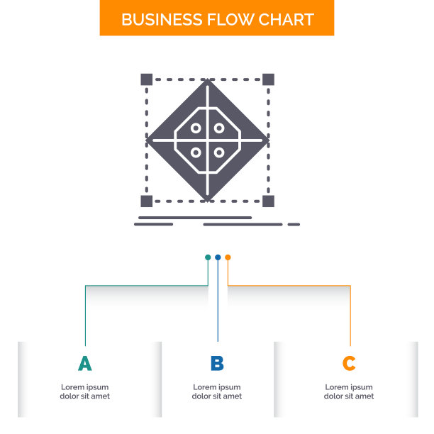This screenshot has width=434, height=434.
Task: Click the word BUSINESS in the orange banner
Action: tap(162, 20)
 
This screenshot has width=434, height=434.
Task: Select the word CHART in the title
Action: tap(286, 20)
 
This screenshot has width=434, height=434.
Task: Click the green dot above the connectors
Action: tap(208, 257)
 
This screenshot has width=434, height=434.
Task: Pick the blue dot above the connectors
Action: tap(218, 257)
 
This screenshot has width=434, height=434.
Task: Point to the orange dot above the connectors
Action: tap(228, 257)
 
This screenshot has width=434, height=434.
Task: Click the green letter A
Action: tap(84, 363)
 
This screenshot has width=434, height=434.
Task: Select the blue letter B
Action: tap(217, 363)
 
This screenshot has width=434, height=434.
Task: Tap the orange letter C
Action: tap(349, 363)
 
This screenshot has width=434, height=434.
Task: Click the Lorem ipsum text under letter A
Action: tap(84, 391)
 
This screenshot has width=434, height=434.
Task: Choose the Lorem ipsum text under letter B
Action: tap(217, 391)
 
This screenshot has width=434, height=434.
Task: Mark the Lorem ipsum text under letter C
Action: tap(349, 391)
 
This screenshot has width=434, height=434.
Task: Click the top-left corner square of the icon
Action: tap(147, 79)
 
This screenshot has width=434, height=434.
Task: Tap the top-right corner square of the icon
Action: tap(269, 79)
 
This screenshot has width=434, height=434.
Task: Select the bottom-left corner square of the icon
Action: tap(147, 201)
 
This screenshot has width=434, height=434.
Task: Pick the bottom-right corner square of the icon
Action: tap(269, 201)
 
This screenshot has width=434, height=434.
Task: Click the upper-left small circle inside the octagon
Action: tap(196, 128)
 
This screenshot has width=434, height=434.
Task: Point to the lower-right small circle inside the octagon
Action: tap(219, 152)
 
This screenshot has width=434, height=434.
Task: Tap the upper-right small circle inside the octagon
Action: tap(219, 128)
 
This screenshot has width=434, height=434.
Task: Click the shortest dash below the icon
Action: tap(294, 225)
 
